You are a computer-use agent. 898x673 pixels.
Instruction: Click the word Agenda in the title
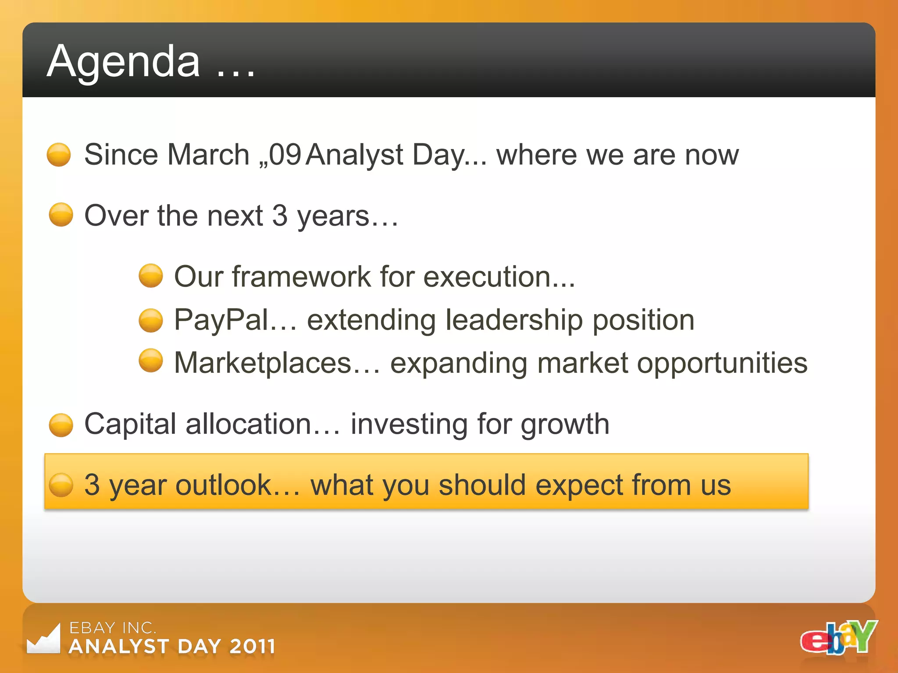[124, 62]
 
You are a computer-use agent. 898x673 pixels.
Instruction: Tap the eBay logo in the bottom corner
[838, 638]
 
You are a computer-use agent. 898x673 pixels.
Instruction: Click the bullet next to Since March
[59, 155]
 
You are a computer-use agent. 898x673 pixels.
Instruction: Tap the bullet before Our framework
[151, 276]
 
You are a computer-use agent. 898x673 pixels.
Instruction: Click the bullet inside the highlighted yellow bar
[61, 485]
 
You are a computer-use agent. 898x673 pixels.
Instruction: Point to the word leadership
[514, 320]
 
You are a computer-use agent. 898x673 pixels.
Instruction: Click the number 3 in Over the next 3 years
[280, 216]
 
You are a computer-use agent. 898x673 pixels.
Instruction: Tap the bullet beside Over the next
[61, 215]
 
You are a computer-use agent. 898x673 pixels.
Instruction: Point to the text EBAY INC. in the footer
[113, 628]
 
